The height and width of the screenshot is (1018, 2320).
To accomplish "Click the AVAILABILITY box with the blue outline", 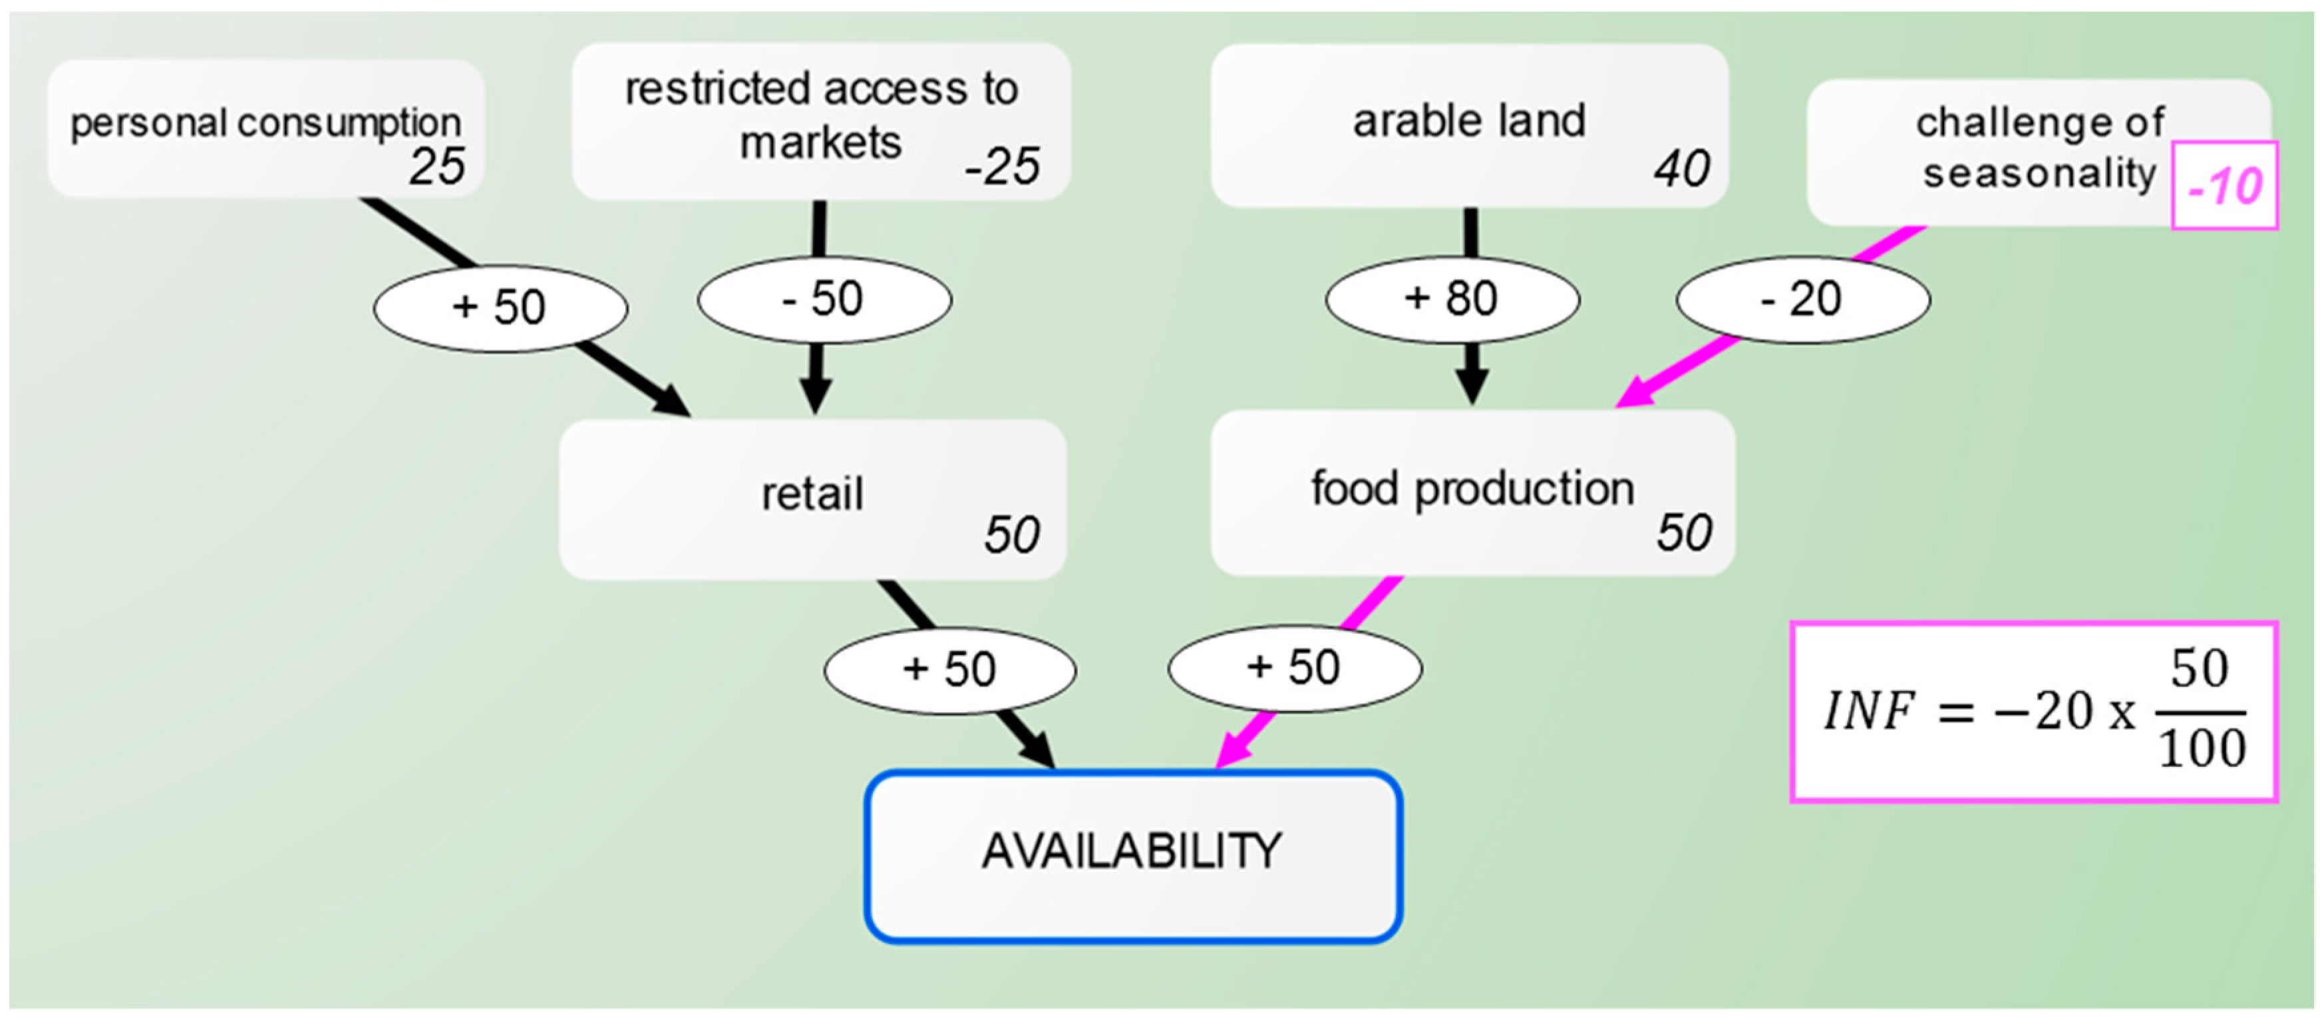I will pyautogui.click(x=1132, y=856).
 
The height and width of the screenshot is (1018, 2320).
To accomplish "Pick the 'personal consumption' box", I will pyautogui.click(x=265, y=128).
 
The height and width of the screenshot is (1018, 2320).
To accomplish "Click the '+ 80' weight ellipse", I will pyautogui.click(x=1451, y=299).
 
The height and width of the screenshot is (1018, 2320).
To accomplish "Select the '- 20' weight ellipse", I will pyautogui.click(x=1802, y=299).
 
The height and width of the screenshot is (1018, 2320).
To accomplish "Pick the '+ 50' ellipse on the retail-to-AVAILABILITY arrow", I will pyautogui.click(x=949, y=669).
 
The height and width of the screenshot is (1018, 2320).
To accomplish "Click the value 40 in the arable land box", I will pyautogui.click(x=1681, y=168).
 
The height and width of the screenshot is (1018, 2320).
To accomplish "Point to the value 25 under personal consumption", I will pyautogui.click(x=438, y=166).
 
